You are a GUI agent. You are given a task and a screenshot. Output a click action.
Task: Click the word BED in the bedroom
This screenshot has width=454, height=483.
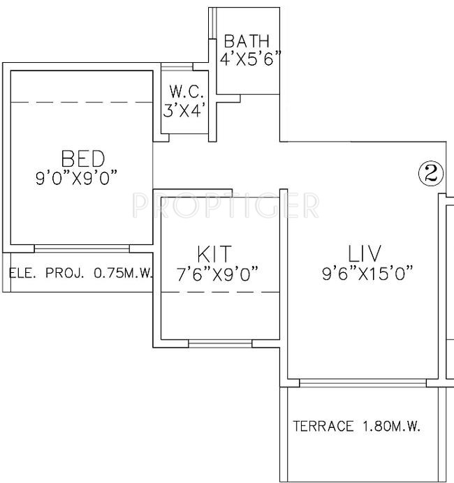82,158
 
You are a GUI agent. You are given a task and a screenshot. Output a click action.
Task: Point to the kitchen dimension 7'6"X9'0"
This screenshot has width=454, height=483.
219,274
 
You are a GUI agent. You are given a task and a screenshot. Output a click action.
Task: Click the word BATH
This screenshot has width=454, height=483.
246,42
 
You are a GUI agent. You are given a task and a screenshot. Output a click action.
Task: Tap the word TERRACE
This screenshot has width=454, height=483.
323,426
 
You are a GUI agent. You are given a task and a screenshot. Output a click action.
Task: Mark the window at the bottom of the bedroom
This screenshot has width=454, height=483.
81,248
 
